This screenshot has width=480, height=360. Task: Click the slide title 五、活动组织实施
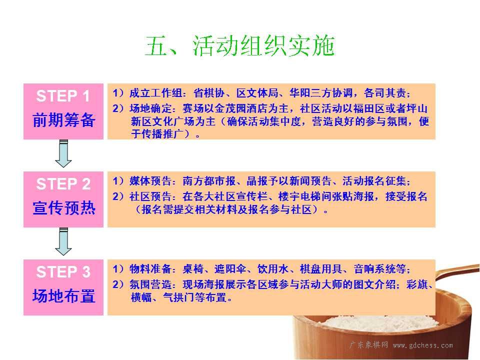pyautogui.click(x=239, y=46)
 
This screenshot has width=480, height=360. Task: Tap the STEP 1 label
pyautogui.click(x=63, y=96)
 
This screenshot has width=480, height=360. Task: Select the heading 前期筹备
pyautogui.click(x=63, y=119)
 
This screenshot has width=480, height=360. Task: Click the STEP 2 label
pyautogui.click(x=63, y=184)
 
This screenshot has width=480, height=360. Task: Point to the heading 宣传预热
pyautogui.click(x=63, y=208)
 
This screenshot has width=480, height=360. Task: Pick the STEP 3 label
pyautogui.click(x=63, y=272)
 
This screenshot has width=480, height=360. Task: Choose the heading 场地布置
pyautogui.click(x=63, y=295)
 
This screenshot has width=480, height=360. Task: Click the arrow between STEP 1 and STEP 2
pyautogui.click(x=63, y=153)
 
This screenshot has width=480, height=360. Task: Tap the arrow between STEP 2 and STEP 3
pyautogui.click(x=63, y=241)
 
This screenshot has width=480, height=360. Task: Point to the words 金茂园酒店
pyautogui.click(x=240, y=108)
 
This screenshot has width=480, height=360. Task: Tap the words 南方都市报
pyautogui.click(x=209, y=181)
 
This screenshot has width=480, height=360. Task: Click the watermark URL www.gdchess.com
pyautogui.click(x=423, y=345)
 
